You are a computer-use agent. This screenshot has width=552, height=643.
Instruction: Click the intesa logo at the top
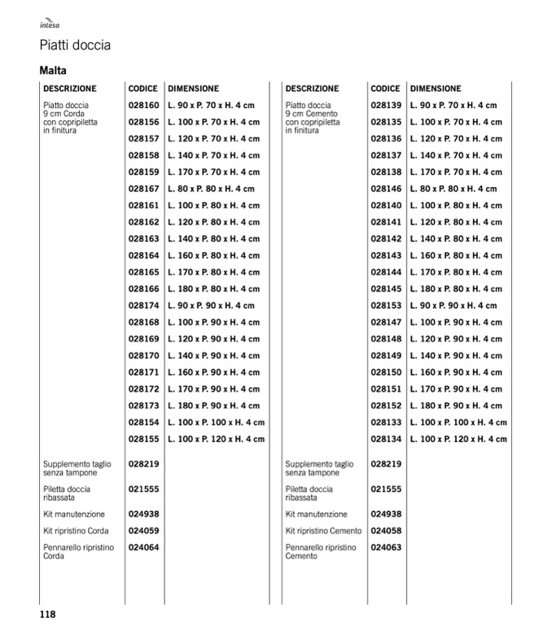pyautogui.click(x=50, y=24)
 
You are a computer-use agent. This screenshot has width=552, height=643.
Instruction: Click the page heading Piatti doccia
pyautogui.click(x=75, y=46)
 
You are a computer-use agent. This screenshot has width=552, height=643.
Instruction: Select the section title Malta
pyautogui.click(x=53, y=71)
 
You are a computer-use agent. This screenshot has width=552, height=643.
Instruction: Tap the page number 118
pyautogui.click(x=47, y=615)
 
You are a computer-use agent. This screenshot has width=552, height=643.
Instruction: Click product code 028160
pyautogui.click(x=143, y=106)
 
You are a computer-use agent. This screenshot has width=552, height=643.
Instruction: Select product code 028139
pyautogui.click(x=386, y=106)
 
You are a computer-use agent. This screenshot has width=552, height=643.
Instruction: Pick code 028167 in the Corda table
pyautogui.click(x=143, y=189)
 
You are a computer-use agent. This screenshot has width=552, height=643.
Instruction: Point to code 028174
pyautogui.click(x=143, y=306)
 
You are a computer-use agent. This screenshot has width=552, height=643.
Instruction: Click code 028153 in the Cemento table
pyautogui.click(x=386, y=306)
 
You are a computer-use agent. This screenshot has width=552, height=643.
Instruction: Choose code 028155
pyautogui.click(x=143, y=439)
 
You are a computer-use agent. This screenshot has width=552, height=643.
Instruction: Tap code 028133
pyautogui.click(x=386, y=422)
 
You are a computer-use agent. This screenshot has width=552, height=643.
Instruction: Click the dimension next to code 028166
pyautogui.click(x=213, y=289)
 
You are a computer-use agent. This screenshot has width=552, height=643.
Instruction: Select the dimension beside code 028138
pyautogui.click(x=456, y=172)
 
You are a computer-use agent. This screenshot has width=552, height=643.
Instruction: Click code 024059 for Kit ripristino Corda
pyautogui.click(x=143, y=531)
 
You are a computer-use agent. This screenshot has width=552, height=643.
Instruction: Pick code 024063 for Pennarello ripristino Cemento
pyautogui.click(x=386, y=548)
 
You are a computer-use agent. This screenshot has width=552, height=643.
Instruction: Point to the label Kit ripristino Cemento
pyautogui.click(x=323, y=531)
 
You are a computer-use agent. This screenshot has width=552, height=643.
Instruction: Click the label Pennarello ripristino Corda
pyautogui.click(x=78, y=552)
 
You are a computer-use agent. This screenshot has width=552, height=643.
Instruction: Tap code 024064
pyautogui.click(x=143, y=548)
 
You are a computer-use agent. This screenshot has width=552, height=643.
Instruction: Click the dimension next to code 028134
pyautogui.click(x=458, y=439)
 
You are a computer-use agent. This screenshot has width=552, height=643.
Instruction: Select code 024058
pyautogui.click(x=386, y=531)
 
